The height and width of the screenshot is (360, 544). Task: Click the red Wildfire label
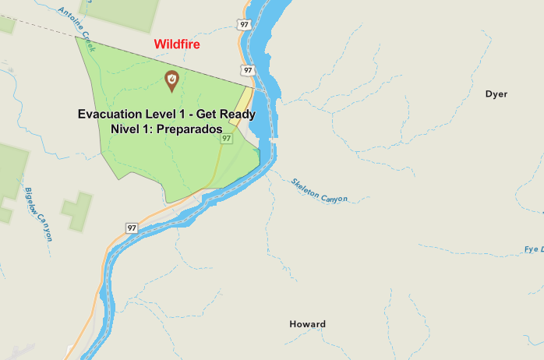point(177,44)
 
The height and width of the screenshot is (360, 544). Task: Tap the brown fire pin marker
point(171,79)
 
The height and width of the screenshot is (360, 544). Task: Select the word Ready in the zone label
point(237,115)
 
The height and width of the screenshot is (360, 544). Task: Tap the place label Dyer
point(496,94)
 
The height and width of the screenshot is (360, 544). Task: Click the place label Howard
point(307,324)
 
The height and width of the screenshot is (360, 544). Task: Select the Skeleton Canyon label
point(319,190)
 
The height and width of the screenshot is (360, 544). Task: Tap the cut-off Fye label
point(534,250)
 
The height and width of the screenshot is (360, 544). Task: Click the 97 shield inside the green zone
point(227,139)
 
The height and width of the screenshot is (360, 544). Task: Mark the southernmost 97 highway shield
point(132,228)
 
